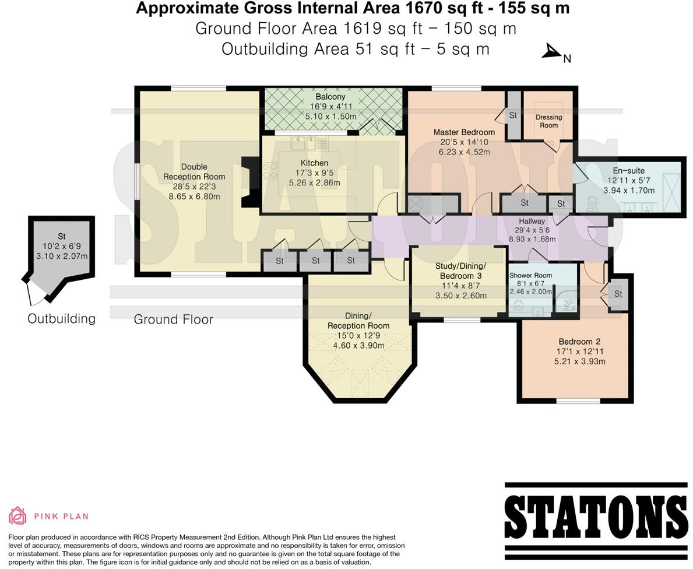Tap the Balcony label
click(330, 97)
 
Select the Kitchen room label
click(314, 163)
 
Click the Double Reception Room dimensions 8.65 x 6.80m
click(194, 196)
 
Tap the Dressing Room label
click(548, 121)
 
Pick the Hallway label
click(532, 221)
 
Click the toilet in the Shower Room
click(518, 305)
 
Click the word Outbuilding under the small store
click(61, 318)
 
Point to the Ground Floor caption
click(173, 319)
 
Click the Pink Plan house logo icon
click(17, 515)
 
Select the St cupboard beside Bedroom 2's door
click(618, 294)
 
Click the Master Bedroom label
click(464, 132)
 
